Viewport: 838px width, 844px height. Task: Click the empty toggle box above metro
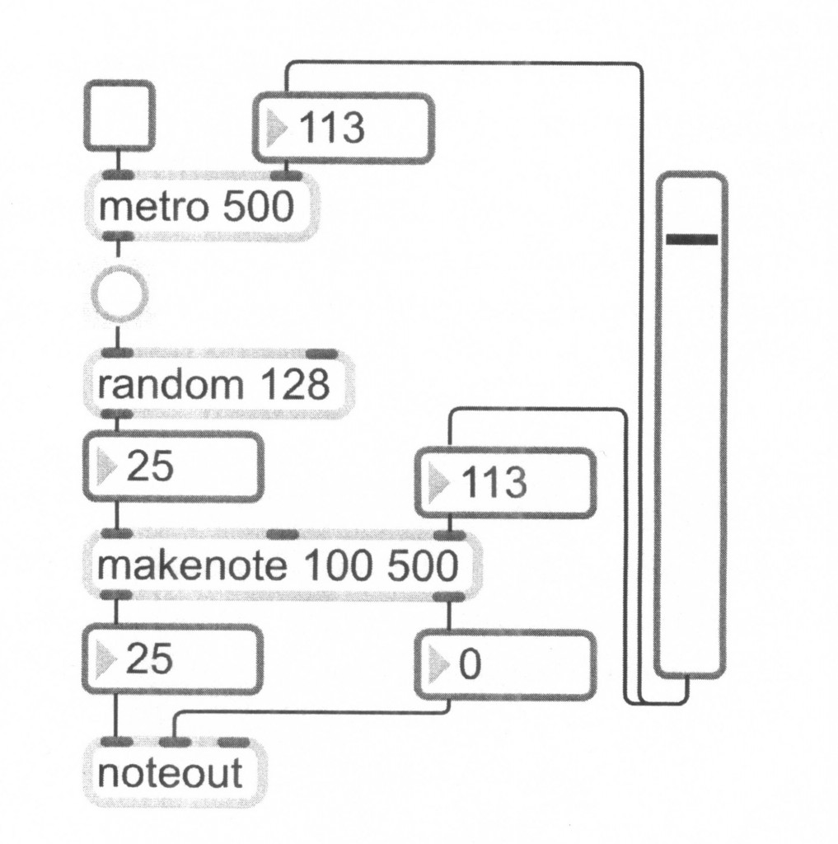[119, 115]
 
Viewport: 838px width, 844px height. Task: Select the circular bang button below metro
[119, 293]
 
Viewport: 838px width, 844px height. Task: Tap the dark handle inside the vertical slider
[691, 239]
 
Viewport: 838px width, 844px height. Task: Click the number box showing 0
[504, 664]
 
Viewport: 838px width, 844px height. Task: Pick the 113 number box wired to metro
[343, 128]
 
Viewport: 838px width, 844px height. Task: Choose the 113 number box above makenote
[505, 482]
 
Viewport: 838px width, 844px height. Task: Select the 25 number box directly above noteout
[173, 659]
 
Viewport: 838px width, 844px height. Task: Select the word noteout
[170, 774]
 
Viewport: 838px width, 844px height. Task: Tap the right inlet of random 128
[321, 354]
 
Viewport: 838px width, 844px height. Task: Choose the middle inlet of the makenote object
[283, 535]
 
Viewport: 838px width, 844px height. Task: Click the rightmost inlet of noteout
[233, 742]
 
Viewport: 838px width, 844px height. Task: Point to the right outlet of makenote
[448, 597]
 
